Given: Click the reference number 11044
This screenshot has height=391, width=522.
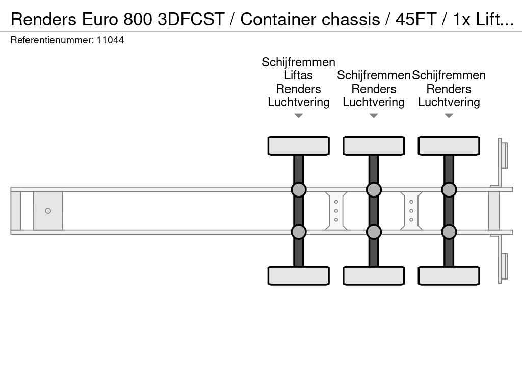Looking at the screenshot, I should (110, 40).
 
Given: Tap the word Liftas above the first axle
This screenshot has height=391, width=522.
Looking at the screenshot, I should (298, 75).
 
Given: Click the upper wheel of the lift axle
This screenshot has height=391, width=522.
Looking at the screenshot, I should (298, 146).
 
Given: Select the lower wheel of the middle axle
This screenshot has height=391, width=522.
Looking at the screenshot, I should (374, 275).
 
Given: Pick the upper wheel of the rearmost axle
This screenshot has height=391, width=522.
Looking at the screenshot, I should (449, 146).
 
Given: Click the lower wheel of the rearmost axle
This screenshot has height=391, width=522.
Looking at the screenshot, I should (449, 275).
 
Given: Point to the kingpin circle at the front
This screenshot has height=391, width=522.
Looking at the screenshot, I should (48, 211).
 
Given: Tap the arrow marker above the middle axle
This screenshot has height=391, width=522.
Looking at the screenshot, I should (374, 116).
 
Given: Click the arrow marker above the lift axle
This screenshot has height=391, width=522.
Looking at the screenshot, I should (298, 116).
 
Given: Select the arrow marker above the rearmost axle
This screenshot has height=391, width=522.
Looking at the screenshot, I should (449, 116).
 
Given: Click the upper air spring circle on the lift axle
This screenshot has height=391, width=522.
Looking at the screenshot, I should (298, 190).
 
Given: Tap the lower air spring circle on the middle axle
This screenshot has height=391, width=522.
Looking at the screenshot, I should (374, 232).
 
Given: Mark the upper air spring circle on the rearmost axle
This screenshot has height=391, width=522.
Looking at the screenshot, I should (449, 190).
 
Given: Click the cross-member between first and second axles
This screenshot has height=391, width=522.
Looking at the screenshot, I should (336, 211).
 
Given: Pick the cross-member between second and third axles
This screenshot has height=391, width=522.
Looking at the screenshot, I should (411, 211).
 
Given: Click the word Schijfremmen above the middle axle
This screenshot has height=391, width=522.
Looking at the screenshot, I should (374, 75).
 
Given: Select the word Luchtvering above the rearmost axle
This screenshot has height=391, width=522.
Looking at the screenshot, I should (449, 102).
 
